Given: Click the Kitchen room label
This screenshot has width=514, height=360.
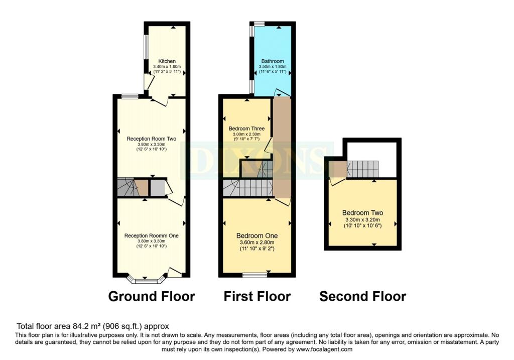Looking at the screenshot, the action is coord(167,61).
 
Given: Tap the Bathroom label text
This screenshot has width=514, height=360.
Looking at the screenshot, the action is coord(273,61).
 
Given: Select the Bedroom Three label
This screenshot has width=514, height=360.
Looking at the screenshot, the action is coord(246,129).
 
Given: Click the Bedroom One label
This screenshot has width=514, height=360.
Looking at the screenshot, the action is coord(257,236).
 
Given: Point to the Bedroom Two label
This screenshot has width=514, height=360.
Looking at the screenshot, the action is coord(362,213).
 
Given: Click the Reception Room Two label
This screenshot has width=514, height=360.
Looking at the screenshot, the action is coord(152,139).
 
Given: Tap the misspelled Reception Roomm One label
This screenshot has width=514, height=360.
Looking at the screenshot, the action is coord(152,236).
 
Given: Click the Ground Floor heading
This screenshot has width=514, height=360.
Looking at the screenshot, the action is coord(152,296).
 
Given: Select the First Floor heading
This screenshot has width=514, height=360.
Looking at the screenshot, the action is coord(257,296).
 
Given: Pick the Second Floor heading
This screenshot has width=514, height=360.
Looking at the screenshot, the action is coord(362,296).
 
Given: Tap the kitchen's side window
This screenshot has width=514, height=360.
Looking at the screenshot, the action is coord(147,47).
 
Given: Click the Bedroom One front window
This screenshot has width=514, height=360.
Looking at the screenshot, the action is coord(254,275).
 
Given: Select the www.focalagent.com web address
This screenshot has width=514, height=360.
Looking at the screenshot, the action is coord(324,349).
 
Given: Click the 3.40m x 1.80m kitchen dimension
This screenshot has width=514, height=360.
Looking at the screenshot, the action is coord(167,67).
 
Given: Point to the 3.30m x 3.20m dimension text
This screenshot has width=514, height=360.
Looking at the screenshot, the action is coord(362,220).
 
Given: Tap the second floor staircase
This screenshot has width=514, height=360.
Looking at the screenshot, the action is coord(362,169).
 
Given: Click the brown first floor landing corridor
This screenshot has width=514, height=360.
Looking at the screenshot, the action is coord(282,147).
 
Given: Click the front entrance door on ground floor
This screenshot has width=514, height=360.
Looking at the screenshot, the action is coord(175,272).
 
